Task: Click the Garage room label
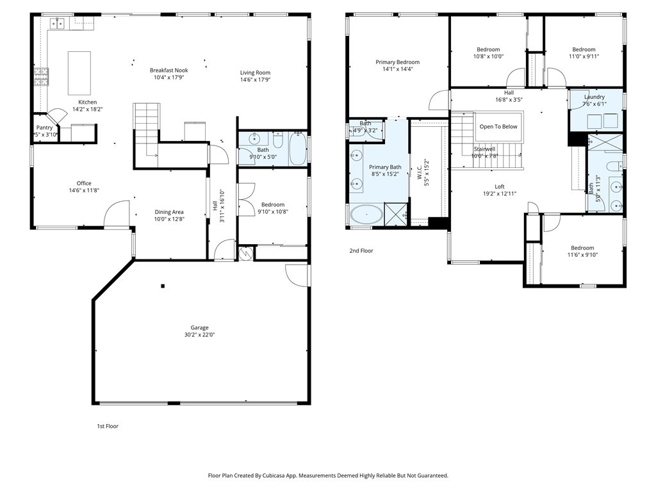click(x=199, y=327)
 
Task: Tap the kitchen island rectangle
click(x=79, y=73)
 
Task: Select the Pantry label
click(x=44, y=127)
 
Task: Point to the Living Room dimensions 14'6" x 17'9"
click(x=255, y=80)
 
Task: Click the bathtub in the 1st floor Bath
click(x=298, y=149)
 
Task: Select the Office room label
click(x=84, y=183)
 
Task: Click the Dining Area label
click(x=169, y=212)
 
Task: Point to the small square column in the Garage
click(x=163, y=286)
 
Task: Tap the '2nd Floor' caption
click(x=361, y=251)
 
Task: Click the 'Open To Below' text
click(x=498, y=127)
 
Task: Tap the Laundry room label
click(x=594, y=97)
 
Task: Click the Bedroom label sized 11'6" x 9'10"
click(x=582, y=248)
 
